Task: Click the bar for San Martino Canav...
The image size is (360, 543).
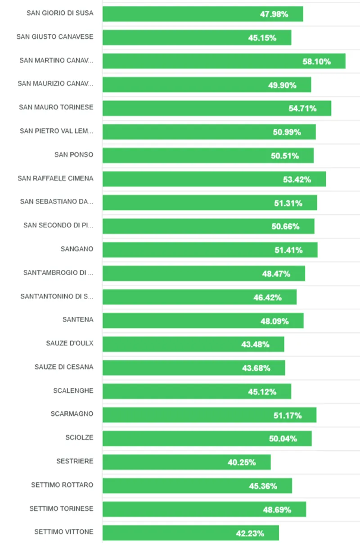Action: pyautogui.click(x=224, y=61)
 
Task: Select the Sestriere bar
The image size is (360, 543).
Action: pyautogui.click(x=186, y=462)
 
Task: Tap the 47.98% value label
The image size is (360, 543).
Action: pyautogui.click(x=274, y=14)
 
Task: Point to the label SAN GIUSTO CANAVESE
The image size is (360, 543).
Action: pyautogui.click(x=55, y=37)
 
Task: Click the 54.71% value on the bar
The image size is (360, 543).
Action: pyautogui.click(x=302, y=108)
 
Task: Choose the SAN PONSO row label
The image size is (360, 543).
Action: pyautogui.click(x=74, y=155)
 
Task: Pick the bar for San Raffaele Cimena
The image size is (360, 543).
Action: pyautogui.click(x=214, y=179)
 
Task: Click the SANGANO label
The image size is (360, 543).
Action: pyautogui.click(x=77, y=249)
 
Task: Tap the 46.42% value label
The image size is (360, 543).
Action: pyautogui.click(x=267, y=297)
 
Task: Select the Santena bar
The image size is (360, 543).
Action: pyautogui.click(x=203, y=321)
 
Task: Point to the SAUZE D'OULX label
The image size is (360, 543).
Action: pyautogui.click(x=70, y=343)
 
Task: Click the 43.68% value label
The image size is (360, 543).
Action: pyautogui.click(x=256, y=368)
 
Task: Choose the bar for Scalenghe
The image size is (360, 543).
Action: pyautogui.click(x=197, y=391)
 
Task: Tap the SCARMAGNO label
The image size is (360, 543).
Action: pyautogui.click(x=72, y=414)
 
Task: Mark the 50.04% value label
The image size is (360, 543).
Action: pyautogui.click(x=283, y=439)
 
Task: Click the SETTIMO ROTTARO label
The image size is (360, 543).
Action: pyautogui.click(x=62, y=485)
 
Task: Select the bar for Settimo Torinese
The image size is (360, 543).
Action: pyautogui.click(x=204, y=509)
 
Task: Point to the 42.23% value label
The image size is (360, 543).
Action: pyautogui.click(x=250, y=534)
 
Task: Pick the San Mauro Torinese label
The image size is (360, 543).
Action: pyautogui.click(x=56, y=108)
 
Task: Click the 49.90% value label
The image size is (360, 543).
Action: pyautogui.click(x=282, y=85)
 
